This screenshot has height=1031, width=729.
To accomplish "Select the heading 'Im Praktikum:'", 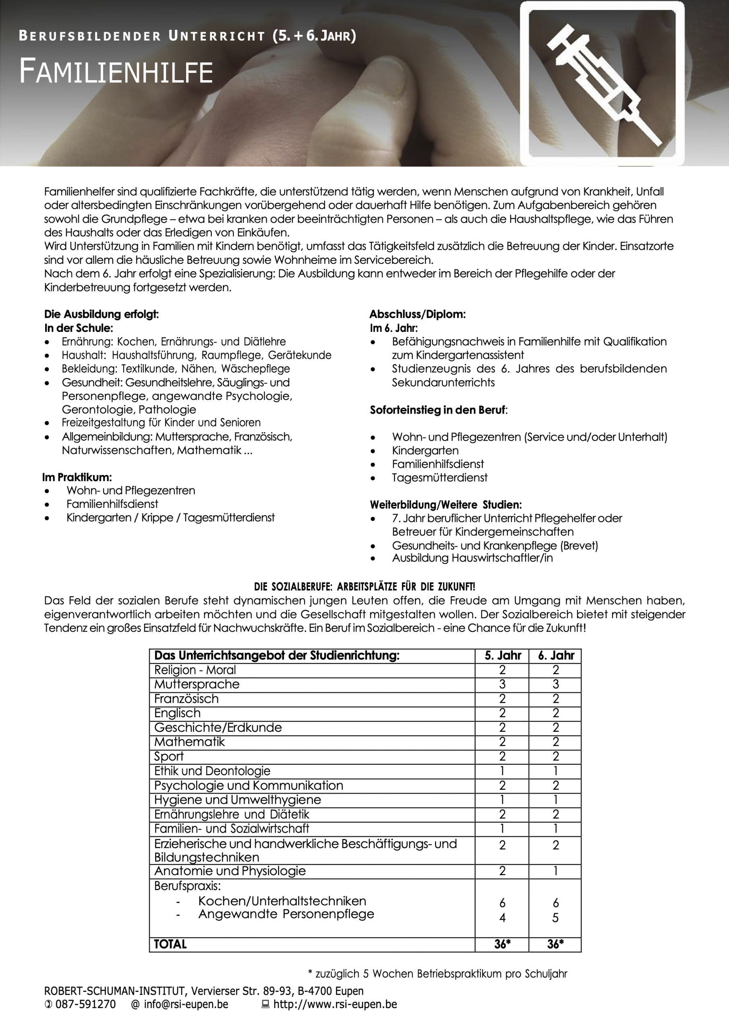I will tap(77, 477).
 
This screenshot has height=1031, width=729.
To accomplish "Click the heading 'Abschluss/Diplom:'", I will tap(417, 314).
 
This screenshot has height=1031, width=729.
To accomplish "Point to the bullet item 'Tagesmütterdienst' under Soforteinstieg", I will tap(439, 478).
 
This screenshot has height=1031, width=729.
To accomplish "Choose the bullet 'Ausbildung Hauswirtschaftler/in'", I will tap(472, 558).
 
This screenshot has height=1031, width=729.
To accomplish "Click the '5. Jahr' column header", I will tap(502, 656).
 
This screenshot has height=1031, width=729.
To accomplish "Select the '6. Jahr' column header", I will tap(556, 656).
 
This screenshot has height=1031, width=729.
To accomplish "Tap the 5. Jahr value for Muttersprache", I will tap(502, 684).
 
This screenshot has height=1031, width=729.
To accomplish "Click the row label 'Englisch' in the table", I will tap(178, 713).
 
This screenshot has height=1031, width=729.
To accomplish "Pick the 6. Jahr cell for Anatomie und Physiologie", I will tap(556, 871).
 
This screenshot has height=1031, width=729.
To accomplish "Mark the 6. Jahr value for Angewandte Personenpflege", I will tap(556, 918).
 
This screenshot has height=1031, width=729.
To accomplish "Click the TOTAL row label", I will tap(170, 944).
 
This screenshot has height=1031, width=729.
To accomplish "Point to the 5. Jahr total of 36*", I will tap(502, 944).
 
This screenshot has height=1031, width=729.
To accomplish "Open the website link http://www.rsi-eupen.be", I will tap(335, 1004).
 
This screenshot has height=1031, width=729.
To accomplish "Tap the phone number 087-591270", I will tap(85, 1004).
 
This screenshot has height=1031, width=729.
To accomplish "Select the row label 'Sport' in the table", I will tap(169, 757).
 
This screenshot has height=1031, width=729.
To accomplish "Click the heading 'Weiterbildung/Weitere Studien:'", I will tap(445, 505).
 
